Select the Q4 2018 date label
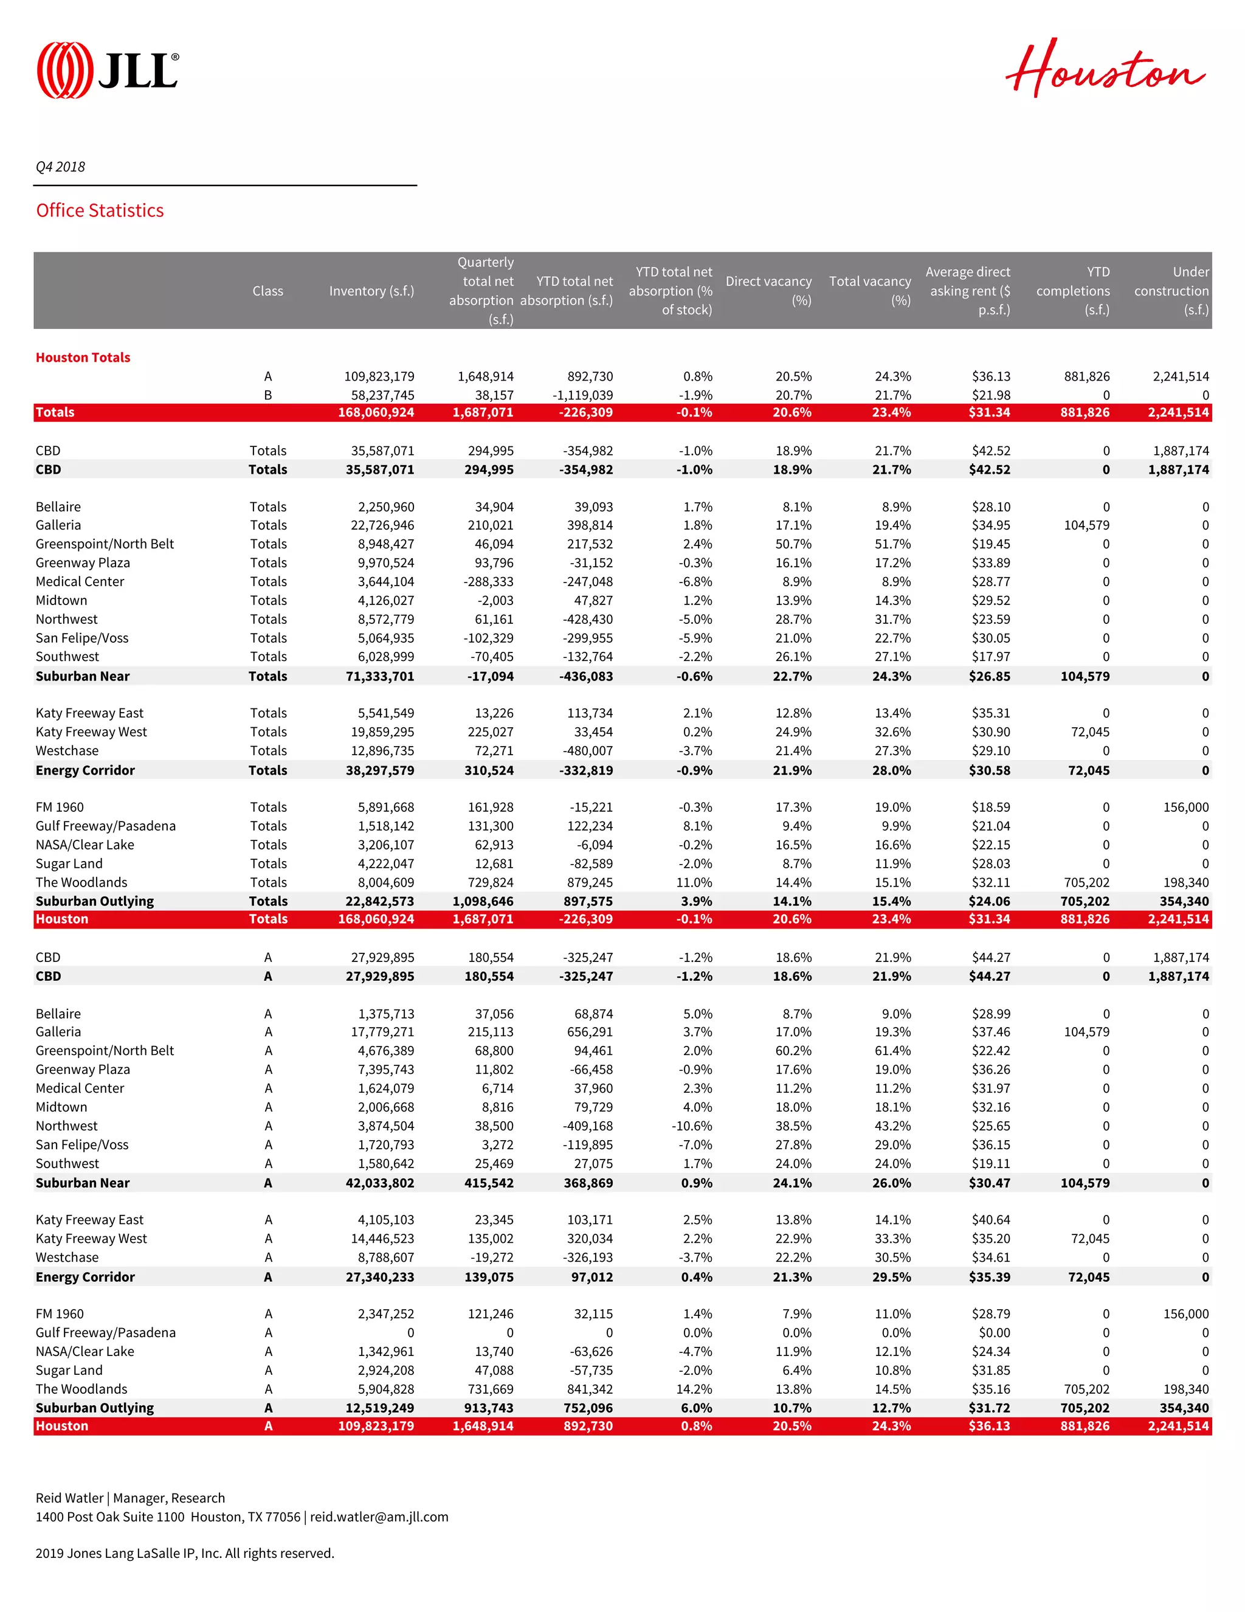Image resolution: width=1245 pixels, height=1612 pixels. click(x=61, y=167)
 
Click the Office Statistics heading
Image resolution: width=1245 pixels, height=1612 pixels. click(x=100, y=210)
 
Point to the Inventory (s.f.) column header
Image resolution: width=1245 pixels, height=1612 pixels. click(x=371, y=291)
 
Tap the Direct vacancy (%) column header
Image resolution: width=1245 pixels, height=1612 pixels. click(x=768, y=290)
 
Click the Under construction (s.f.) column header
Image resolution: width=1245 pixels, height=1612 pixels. click(x=1171, y=291)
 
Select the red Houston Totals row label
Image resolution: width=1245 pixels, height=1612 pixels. click(x=83, y=357)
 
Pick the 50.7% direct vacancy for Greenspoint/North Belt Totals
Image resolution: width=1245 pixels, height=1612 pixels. click(x=793, y=544)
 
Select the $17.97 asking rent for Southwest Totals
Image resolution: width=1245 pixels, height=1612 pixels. click(x=990, y=656)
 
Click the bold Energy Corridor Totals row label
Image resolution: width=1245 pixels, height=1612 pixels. click(x=85, y=770)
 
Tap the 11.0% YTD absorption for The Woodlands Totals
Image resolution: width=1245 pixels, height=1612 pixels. click(x=696, y=882)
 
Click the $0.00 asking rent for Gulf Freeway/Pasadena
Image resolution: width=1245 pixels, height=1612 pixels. click(x=993, y=1332)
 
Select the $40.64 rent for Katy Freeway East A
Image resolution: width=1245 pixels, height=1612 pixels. click(x=990, y=1219)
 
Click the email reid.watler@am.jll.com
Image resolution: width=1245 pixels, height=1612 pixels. click(x=379, y=1517)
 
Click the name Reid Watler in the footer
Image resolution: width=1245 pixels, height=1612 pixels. click(x=69, y=1498)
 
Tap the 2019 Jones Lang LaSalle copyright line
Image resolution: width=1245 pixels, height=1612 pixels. click(x=184, y=1553)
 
